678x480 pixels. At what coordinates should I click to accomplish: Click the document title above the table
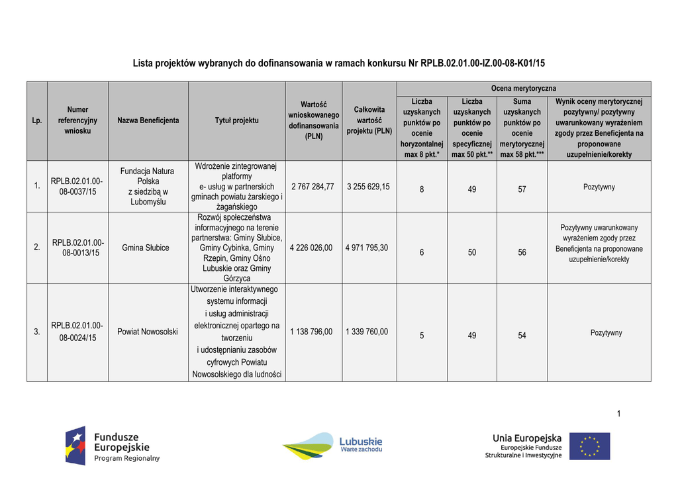338,64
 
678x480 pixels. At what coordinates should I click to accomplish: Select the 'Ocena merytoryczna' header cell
523,88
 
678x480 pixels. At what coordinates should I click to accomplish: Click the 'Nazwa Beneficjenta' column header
148,120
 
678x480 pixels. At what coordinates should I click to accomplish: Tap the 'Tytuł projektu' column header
236,120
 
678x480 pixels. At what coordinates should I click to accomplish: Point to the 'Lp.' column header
37,120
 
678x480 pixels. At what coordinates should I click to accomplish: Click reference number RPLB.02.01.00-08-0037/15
77,186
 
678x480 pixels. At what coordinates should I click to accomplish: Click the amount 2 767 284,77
313,187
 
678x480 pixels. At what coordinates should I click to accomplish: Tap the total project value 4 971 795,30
367,248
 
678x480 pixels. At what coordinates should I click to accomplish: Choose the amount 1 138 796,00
312,332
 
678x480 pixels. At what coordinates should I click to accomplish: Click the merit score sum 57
522,189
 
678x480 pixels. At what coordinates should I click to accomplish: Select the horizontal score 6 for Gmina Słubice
422,252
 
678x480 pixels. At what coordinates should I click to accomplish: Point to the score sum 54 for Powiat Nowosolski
522,336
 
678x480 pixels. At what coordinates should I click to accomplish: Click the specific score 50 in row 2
471,252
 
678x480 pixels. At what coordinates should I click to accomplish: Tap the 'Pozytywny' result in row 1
599,187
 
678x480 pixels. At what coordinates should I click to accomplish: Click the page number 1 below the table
618,414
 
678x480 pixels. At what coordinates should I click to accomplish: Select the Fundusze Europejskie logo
113,446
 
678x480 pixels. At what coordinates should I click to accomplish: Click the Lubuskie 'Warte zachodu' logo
332,446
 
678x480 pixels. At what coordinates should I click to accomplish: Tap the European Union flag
589,446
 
